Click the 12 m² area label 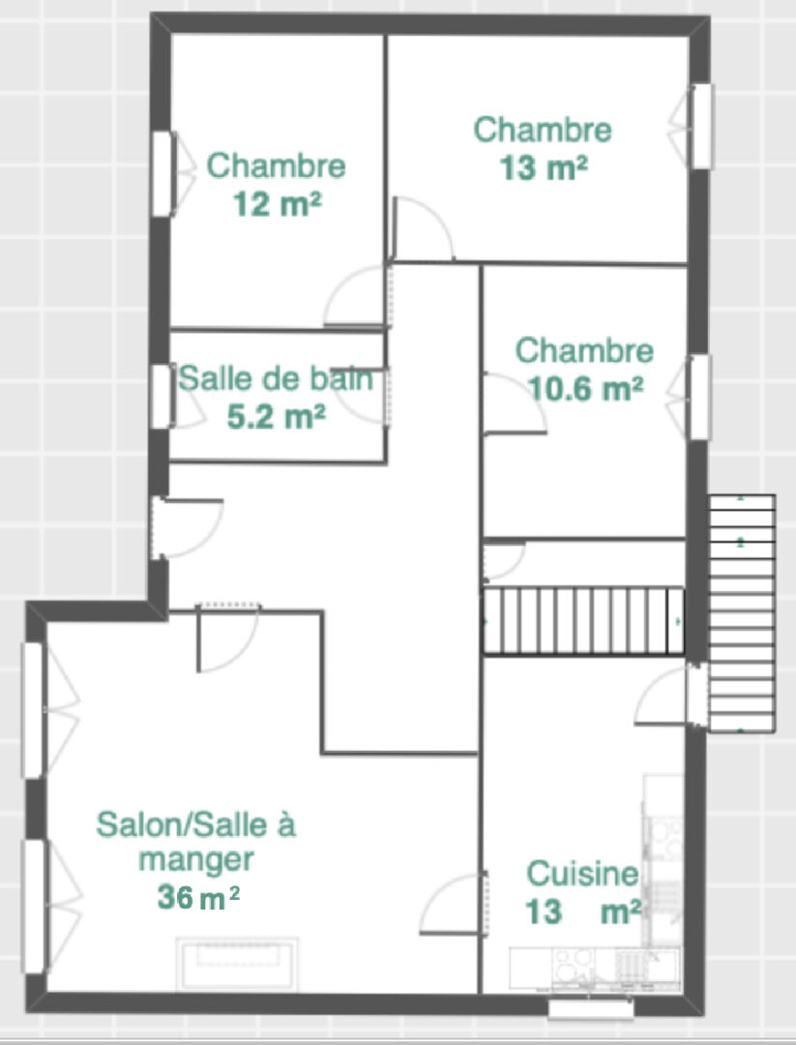tap(278, 203)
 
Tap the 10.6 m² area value tap(585, 388)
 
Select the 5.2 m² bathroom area tap(276, 417)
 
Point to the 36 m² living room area tap(198, 897)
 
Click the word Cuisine tap(582, 874)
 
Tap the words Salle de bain tap(275, 379)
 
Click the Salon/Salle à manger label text tap(195, 842)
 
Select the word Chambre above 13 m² tap(543, 130)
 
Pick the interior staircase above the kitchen tap(583, 620)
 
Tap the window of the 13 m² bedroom tap(702, 126)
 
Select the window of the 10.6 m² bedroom tap(699, 398)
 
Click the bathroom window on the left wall tap(161, 397)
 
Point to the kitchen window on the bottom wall tap(591, 1009)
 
